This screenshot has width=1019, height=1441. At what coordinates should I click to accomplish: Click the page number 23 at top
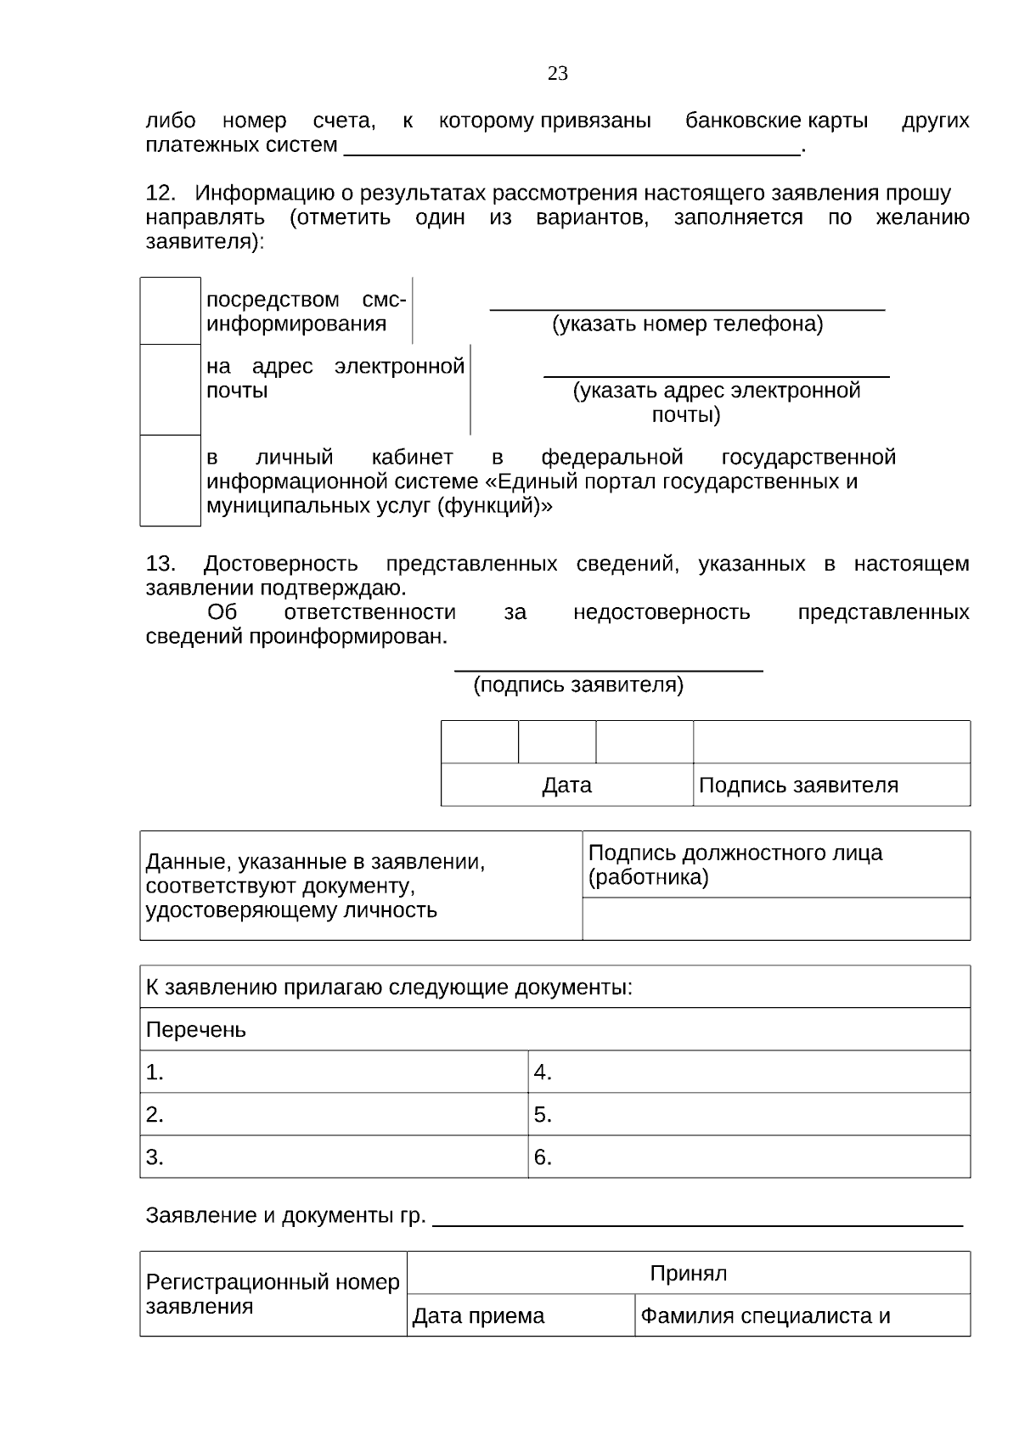click(x=558, y=74)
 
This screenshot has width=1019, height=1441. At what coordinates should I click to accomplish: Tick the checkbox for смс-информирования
click(x=170, y=311)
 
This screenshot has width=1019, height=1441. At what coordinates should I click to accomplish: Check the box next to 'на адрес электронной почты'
click(x=170, y=390)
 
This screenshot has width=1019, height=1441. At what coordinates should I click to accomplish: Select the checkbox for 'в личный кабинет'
click(x=170, y=481)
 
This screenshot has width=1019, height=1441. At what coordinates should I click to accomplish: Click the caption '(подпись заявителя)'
click(x=578, y=685)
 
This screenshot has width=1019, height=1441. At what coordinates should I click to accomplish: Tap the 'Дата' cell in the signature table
click(x=566, y=785)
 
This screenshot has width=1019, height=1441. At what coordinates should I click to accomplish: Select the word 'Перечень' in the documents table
click(x=196, y=1030)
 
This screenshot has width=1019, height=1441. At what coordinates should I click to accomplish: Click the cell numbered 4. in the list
click(x=748, y=1072)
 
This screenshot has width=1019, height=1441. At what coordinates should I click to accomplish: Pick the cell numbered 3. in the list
click(x=333, y=1157)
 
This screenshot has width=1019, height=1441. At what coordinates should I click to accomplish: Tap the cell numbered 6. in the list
click(x=748, y=1157)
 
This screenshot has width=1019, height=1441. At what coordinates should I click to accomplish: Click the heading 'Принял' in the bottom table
click(x=688, y=1274)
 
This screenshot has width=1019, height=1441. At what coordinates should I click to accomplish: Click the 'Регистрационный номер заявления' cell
click(x=273, y=1294)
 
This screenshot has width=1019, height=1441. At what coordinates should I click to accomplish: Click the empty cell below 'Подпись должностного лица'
click(x=776, y=919)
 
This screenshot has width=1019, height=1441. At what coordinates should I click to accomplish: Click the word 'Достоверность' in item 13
click(x=280, y=564)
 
